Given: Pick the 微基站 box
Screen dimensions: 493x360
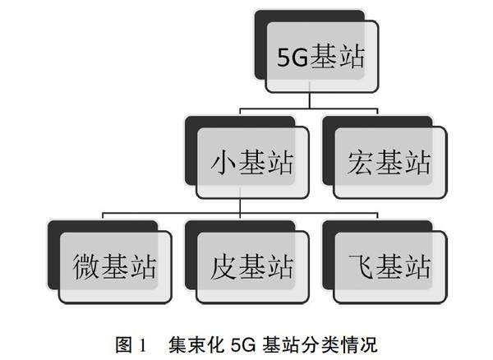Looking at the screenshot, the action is (x=116, y=265).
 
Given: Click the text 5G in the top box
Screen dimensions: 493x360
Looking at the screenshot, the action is (x=292, y=58).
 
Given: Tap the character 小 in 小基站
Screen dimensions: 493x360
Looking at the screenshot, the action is (x=218, y=163).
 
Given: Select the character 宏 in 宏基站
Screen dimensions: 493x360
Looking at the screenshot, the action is (x=355, y=163).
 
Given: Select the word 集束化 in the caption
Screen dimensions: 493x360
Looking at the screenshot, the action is (x=195, y=339).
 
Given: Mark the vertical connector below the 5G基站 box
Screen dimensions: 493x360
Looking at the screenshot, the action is (x=309, y=99).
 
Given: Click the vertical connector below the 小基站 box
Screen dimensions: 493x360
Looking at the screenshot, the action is (x=240, y=206).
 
